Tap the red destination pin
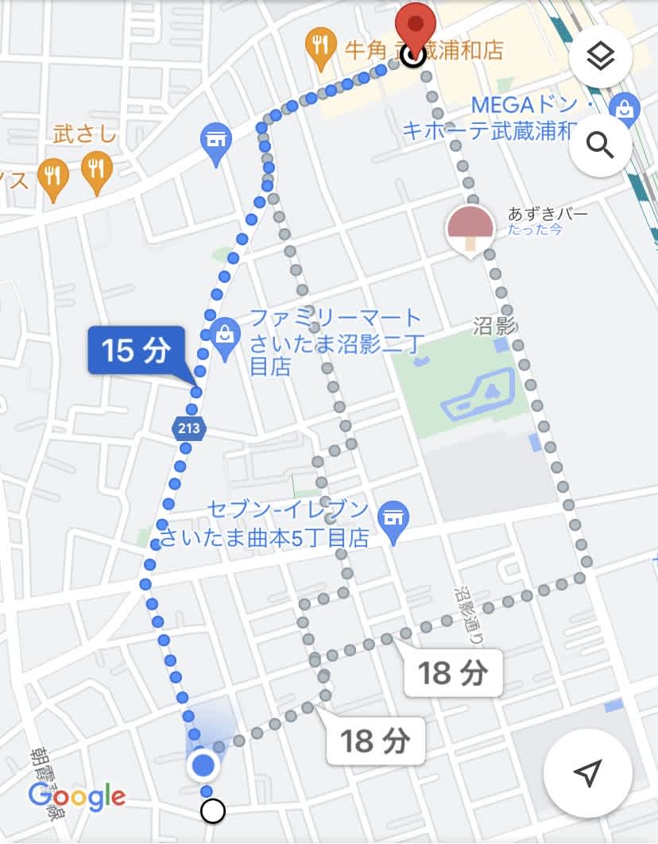click(416, 24)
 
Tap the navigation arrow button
click(587, 772)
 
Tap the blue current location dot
click(204, 765)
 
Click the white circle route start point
click(213, 811)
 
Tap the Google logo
click(76, 796)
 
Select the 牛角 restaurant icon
click(322, 45)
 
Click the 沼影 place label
click(495, 326)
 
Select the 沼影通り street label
click(469, 616)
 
